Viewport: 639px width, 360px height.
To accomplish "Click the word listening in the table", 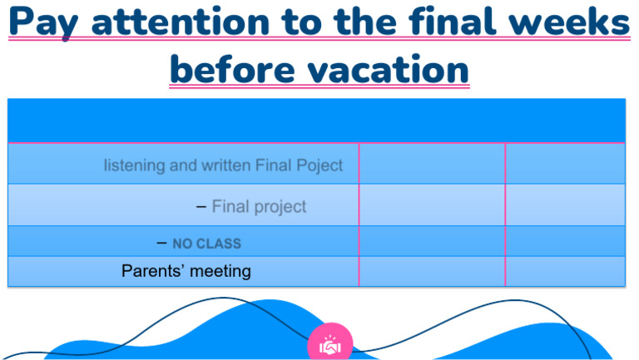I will (x=134, y=165).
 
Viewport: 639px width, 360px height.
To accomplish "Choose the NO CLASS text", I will (x=206, y=244).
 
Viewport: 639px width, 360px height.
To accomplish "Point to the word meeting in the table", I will (x=220, y=271).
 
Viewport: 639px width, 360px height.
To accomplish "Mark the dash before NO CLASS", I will (x=161, y=243).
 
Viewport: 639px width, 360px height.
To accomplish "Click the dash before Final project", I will (x=201, y=206).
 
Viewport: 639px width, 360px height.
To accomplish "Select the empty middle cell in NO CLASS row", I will (x=432, y=241).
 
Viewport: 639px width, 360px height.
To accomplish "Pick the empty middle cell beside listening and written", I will (x=432, y=164).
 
